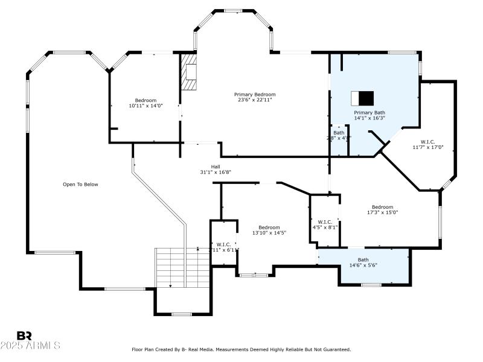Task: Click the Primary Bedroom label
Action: pyautogui.click(x=255, y=94)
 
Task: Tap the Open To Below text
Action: pyautogui.click(x=80, y=185)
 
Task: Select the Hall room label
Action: pyautogui.click(x=216, y=166)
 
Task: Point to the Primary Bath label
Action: pyautogui.click(x=369, y=112)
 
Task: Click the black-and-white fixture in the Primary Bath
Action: pyautogui.click(x=362, y=98)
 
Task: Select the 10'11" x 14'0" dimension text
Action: pyautogui.click(x=146, y=106)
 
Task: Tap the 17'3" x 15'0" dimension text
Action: pyautogui.click(x=382, y=212)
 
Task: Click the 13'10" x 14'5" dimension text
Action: pyautogui.click(x=269, y=232)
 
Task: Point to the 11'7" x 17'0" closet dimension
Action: pyautogui.click(x=428, y=147)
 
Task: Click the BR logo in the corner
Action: pyautogui.click(x=24, y=335)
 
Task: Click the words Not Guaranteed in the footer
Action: pyautogui.click(x=333, y=349)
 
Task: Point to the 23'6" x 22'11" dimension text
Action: pyautogui.click(x=255, y=100)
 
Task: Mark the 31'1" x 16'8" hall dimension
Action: pyautogui.click(x=216, y=172)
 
